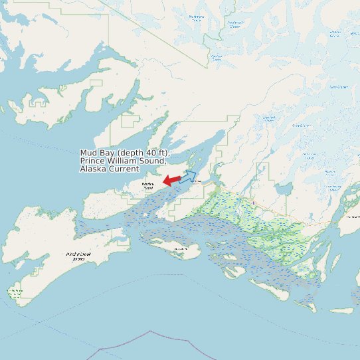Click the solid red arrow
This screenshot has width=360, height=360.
tap(171, 180)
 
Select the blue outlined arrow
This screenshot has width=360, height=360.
tap(188, 177)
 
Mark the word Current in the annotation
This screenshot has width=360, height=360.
tap(126, 169)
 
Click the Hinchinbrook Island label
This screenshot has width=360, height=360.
tap(78, 256)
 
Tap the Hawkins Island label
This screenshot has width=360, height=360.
tap(147, 186)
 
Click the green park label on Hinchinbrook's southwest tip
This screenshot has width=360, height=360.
tap(15, 292)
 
